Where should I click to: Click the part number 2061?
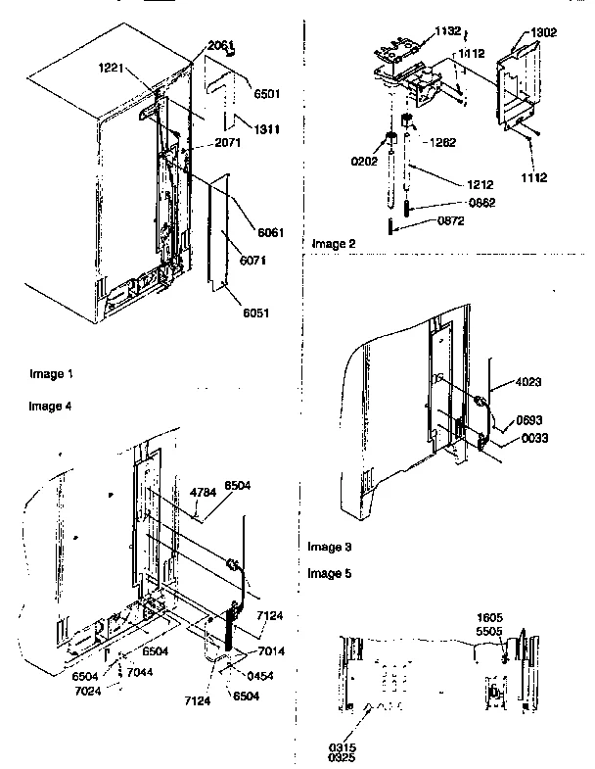220,46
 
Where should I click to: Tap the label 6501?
266,94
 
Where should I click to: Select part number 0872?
452,221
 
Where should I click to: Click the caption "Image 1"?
51,374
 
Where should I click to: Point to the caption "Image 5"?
330,572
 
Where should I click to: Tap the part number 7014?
272,651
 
